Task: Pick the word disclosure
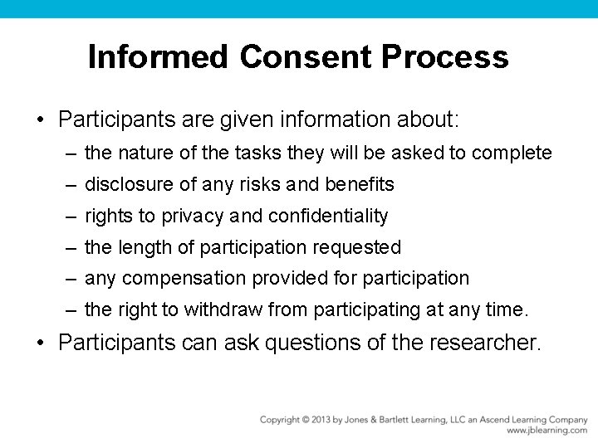(125, 184)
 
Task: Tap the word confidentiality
(326, 216)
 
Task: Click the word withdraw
(219, 309)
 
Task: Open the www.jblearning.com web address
(547, 431)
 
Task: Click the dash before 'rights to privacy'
(72, 217)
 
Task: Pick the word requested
(360, 247)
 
